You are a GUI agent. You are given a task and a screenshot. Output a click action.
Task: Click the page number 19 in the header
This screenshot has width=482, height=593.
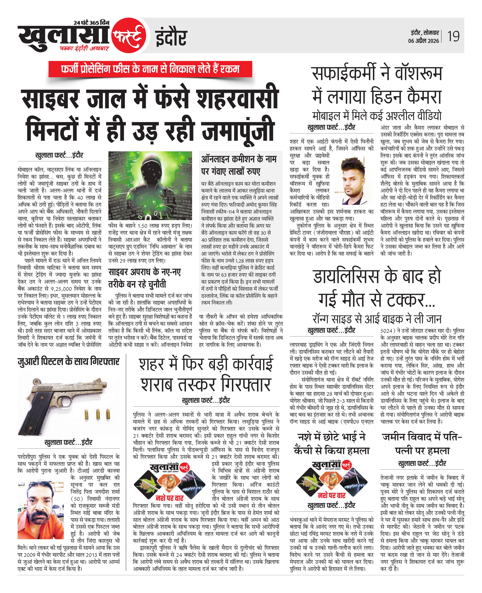tap(453, 36)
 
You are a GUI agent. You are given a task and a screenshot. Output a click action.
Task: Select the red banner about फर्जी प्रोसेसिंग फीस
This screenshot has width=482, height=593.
tap(150, 69)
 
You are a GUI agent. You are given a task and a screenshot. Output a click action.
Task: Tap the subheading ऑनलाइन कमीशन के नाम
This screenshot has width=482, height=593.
tap(239, 159)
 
